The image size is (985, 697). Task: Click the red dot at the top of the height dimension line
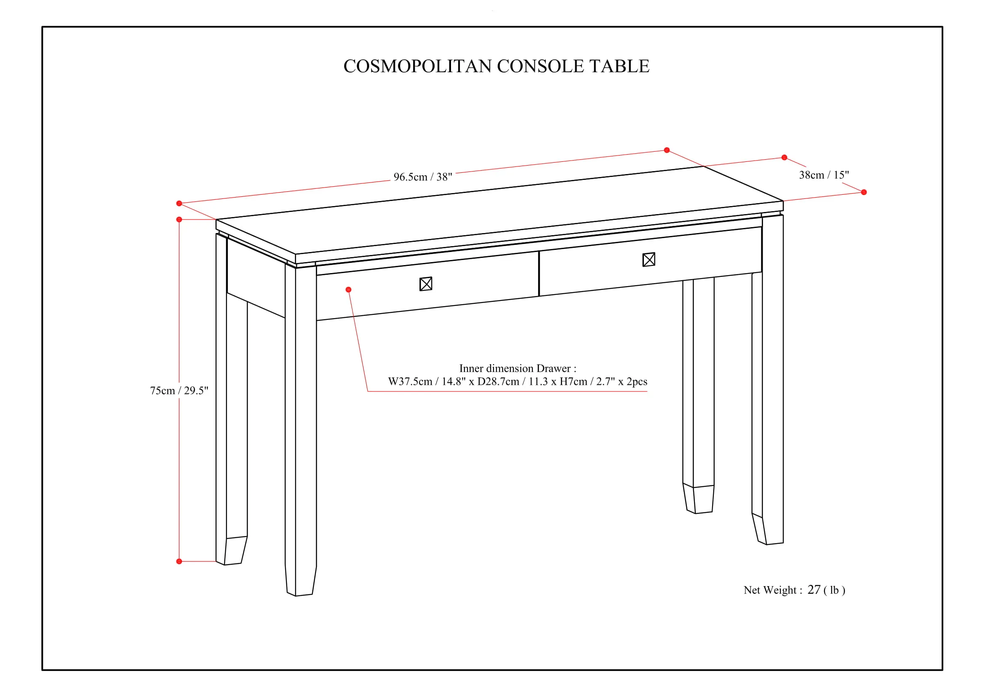coord(179,219)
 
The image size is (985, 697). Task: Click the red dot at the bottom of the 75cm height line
coord(179,561)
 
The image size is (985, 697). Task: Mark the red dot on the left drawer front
coord(348,290)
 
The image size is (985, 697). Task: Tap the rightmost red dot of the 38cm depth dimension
coord(864,192)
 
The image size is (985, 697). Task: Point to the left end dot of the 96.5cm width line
coord(179,204)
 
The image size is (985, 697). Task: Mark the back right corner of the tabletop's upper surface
coord(704,166)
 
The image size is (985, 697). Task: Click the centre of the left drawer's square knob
coord(426,284)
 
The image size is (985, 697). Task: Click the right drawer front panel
coord(650,261)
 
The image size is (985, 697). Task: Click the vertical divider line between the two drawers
coord(539,274)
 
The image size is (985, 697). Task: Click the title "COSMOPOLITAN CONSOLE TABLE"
coord(497,66)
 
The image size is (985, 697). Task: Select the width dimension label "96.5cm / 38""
coord(423,177)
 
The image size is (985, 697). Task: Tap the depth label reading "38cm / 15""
coord(824,175)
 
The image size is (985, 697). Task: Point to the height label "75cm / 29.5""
coord(179,391)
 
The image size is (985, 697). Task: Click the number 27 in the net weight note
coord(814,590)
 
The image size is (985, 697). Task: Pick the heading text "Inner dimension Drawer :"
coord(518,368)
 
